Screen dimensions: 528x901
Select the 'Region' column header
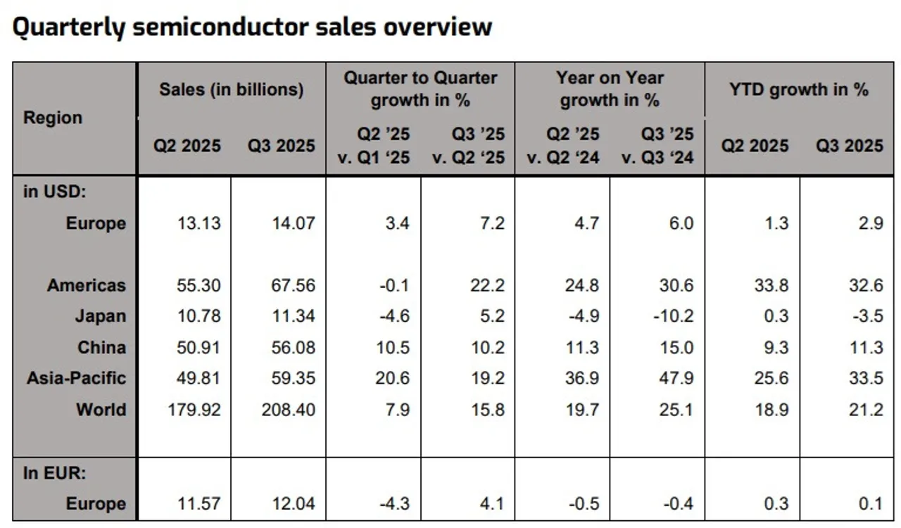(x=53, y=118)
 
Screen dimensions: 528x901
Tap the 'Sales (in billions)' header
(x=232, y=89)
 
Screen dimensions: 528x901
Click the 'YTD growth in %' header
(x=798, y=89)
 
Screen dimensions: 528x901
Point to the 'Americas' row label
(x=87, y=285)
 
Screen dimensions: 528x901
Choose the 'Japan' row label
(x=101, y=316)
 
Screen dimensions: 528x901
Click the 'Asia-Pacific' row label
(x=77, y=378)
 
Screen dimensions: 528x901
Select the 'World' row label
(x=101, y=409)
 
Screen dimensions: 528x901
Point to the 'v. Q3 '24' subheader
(x=657, y=157)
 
